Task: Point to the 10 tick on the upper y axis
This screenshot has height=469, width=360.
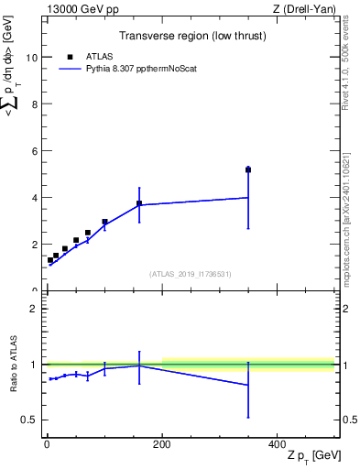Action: click(x=33, y=57)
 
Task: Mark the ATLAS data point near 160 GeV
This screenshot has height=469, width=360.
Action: click(x=139, y=203)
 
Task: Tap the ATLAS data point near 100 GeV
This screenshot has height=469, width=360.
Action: click(x=104, y=222)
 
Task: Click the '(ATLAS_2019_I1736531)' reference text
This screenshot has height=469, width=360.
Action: click(x=191, y=273)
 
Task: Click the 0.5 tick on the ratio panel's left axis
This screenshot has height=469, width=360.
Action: click(x=33, y=420)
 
